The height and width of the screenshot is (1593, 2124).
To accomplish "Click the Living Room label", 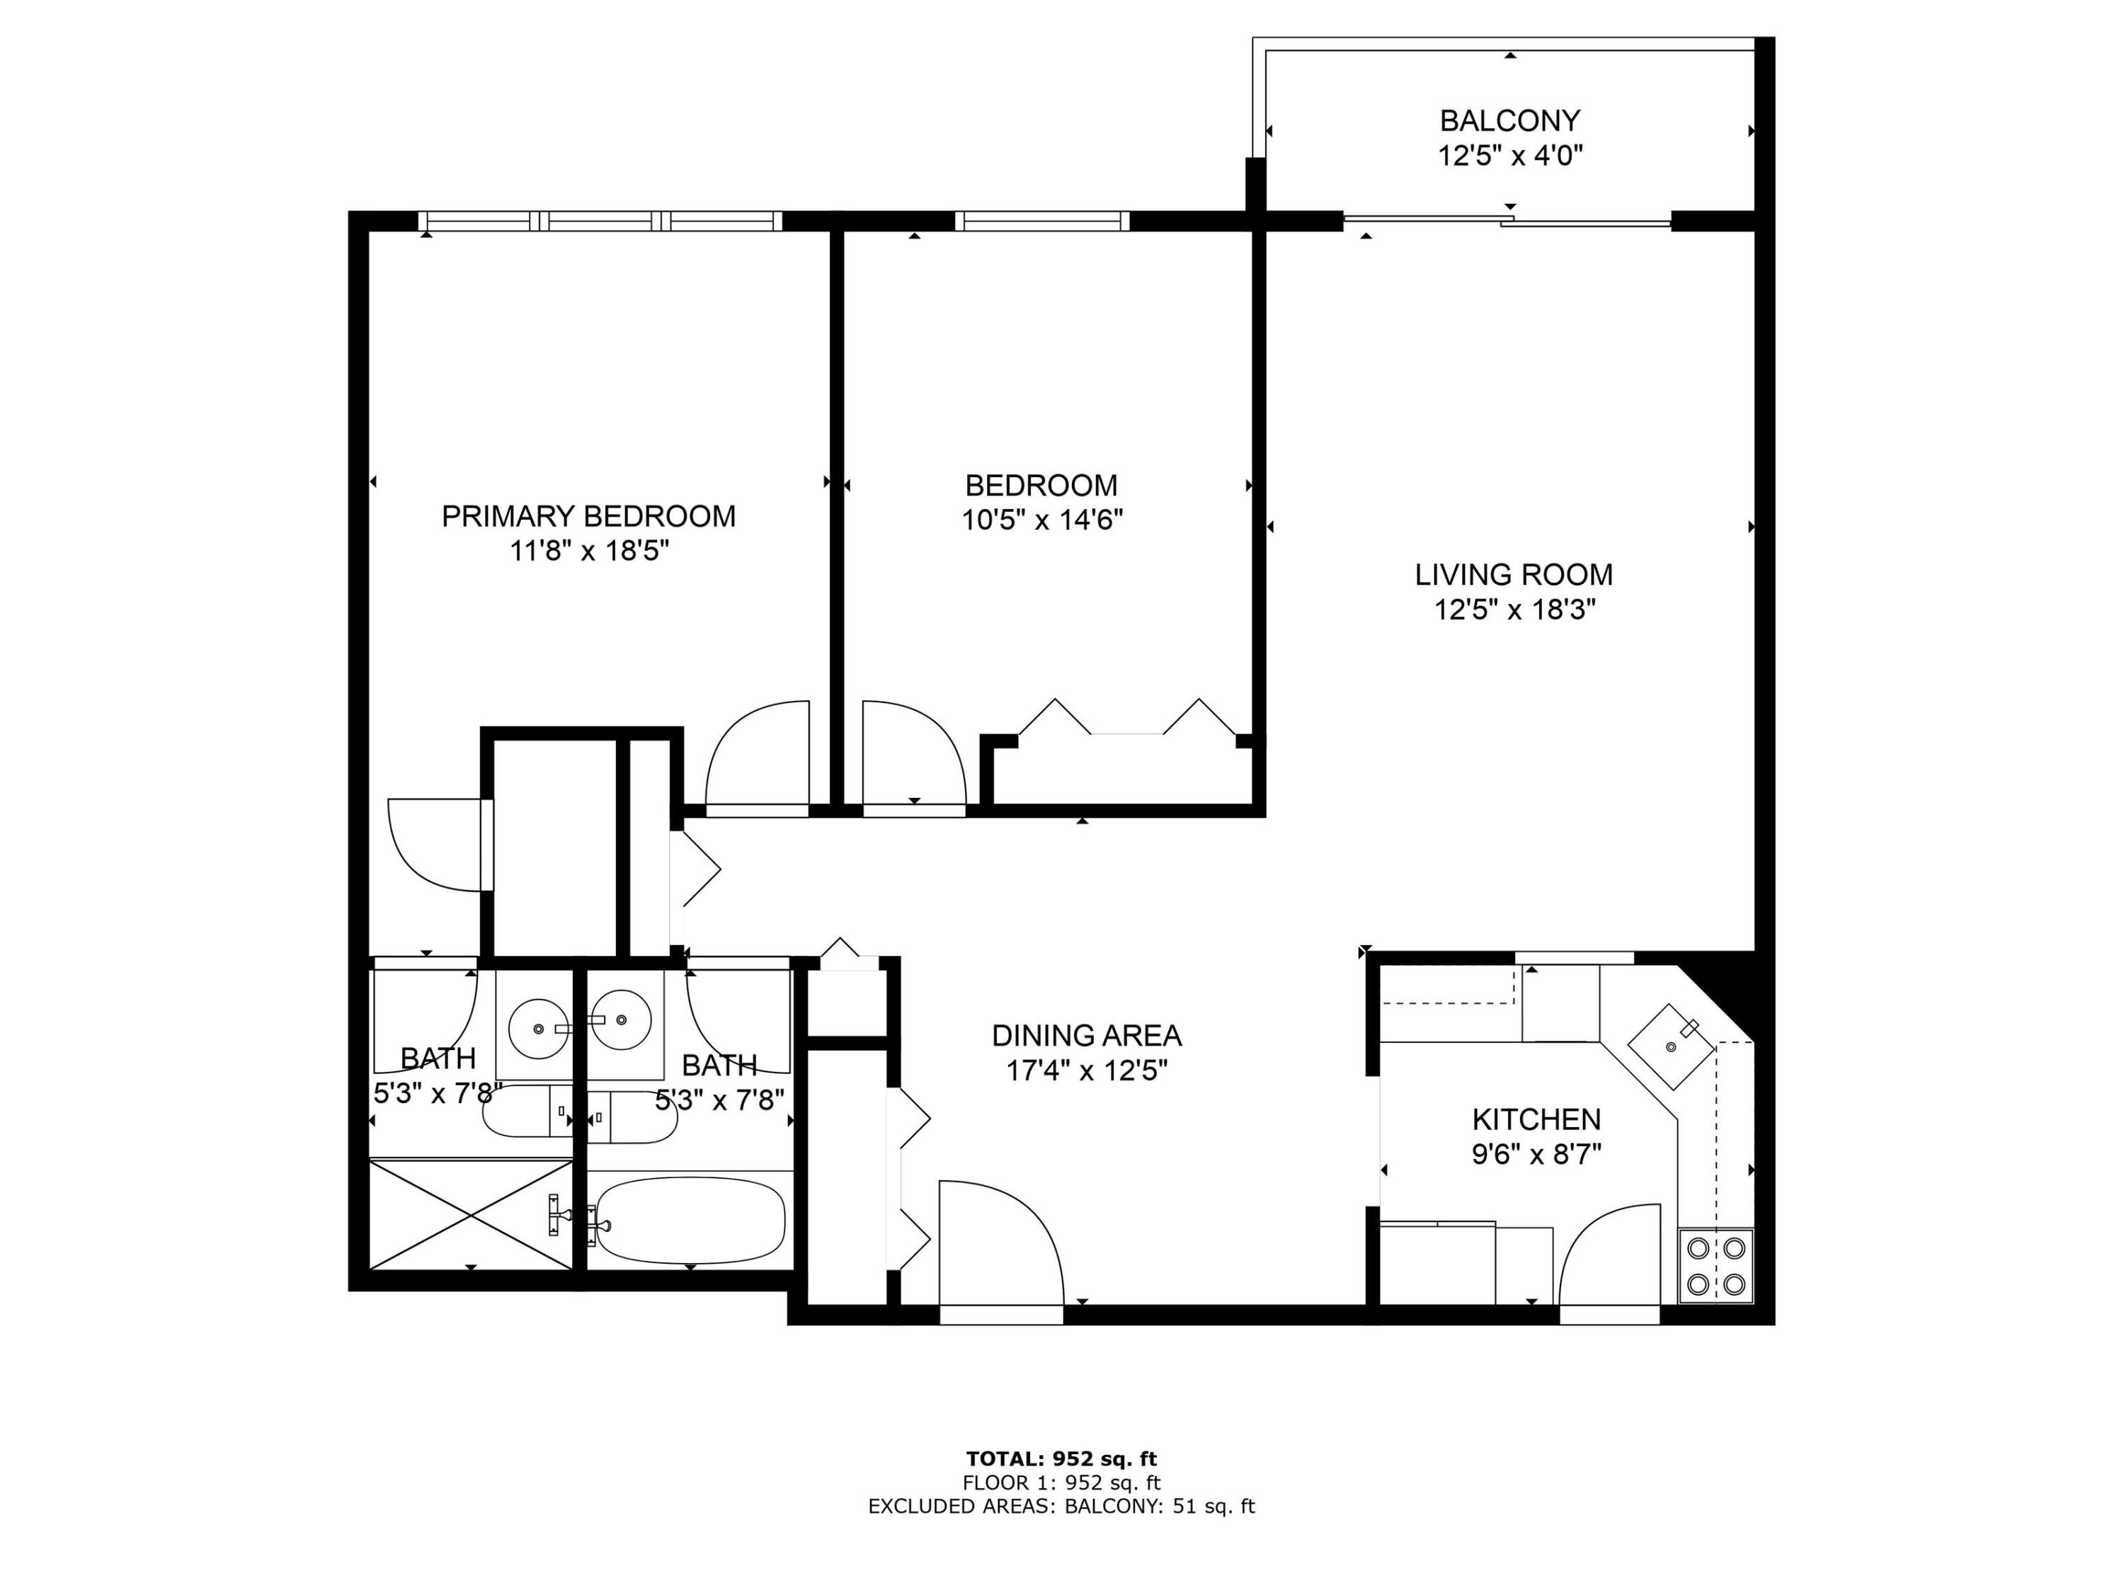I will [1513, 575].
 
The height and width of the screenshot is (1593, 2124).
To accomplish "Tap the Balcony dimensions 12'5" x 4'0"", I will [1509, 156].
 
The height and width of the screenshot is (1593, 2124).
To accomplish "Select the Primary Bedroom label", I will [588, 517].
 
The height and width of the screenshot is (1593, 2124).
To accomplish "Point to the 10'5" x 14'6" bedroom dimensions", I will [1042, 520].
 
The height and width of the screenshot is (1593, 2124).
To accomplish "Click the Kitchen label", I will [1536, 1119].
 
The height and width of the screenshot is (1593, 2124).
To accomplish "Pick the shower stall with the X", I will [471, 1215].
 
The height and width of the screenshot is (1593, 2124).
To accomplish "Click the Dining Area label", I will [1086, 1036].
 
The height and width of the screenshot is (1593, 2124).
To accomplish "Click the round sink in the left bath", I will [537, 1027].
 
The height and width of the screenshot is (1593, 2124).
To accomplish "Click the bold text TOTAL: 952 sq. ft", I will [1061, 1459].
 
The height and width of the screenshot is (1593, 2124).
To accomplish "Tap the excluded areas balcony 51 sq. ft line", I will [1061, 1507].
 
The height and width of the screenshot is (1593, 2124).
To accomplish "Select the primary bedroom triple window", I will [601, 222].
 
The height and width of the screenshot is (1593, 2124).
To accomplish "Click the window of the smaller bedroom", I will [1042, 222].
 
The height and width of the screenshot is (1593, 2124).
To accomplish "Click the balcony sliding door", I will [1507, 222].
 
